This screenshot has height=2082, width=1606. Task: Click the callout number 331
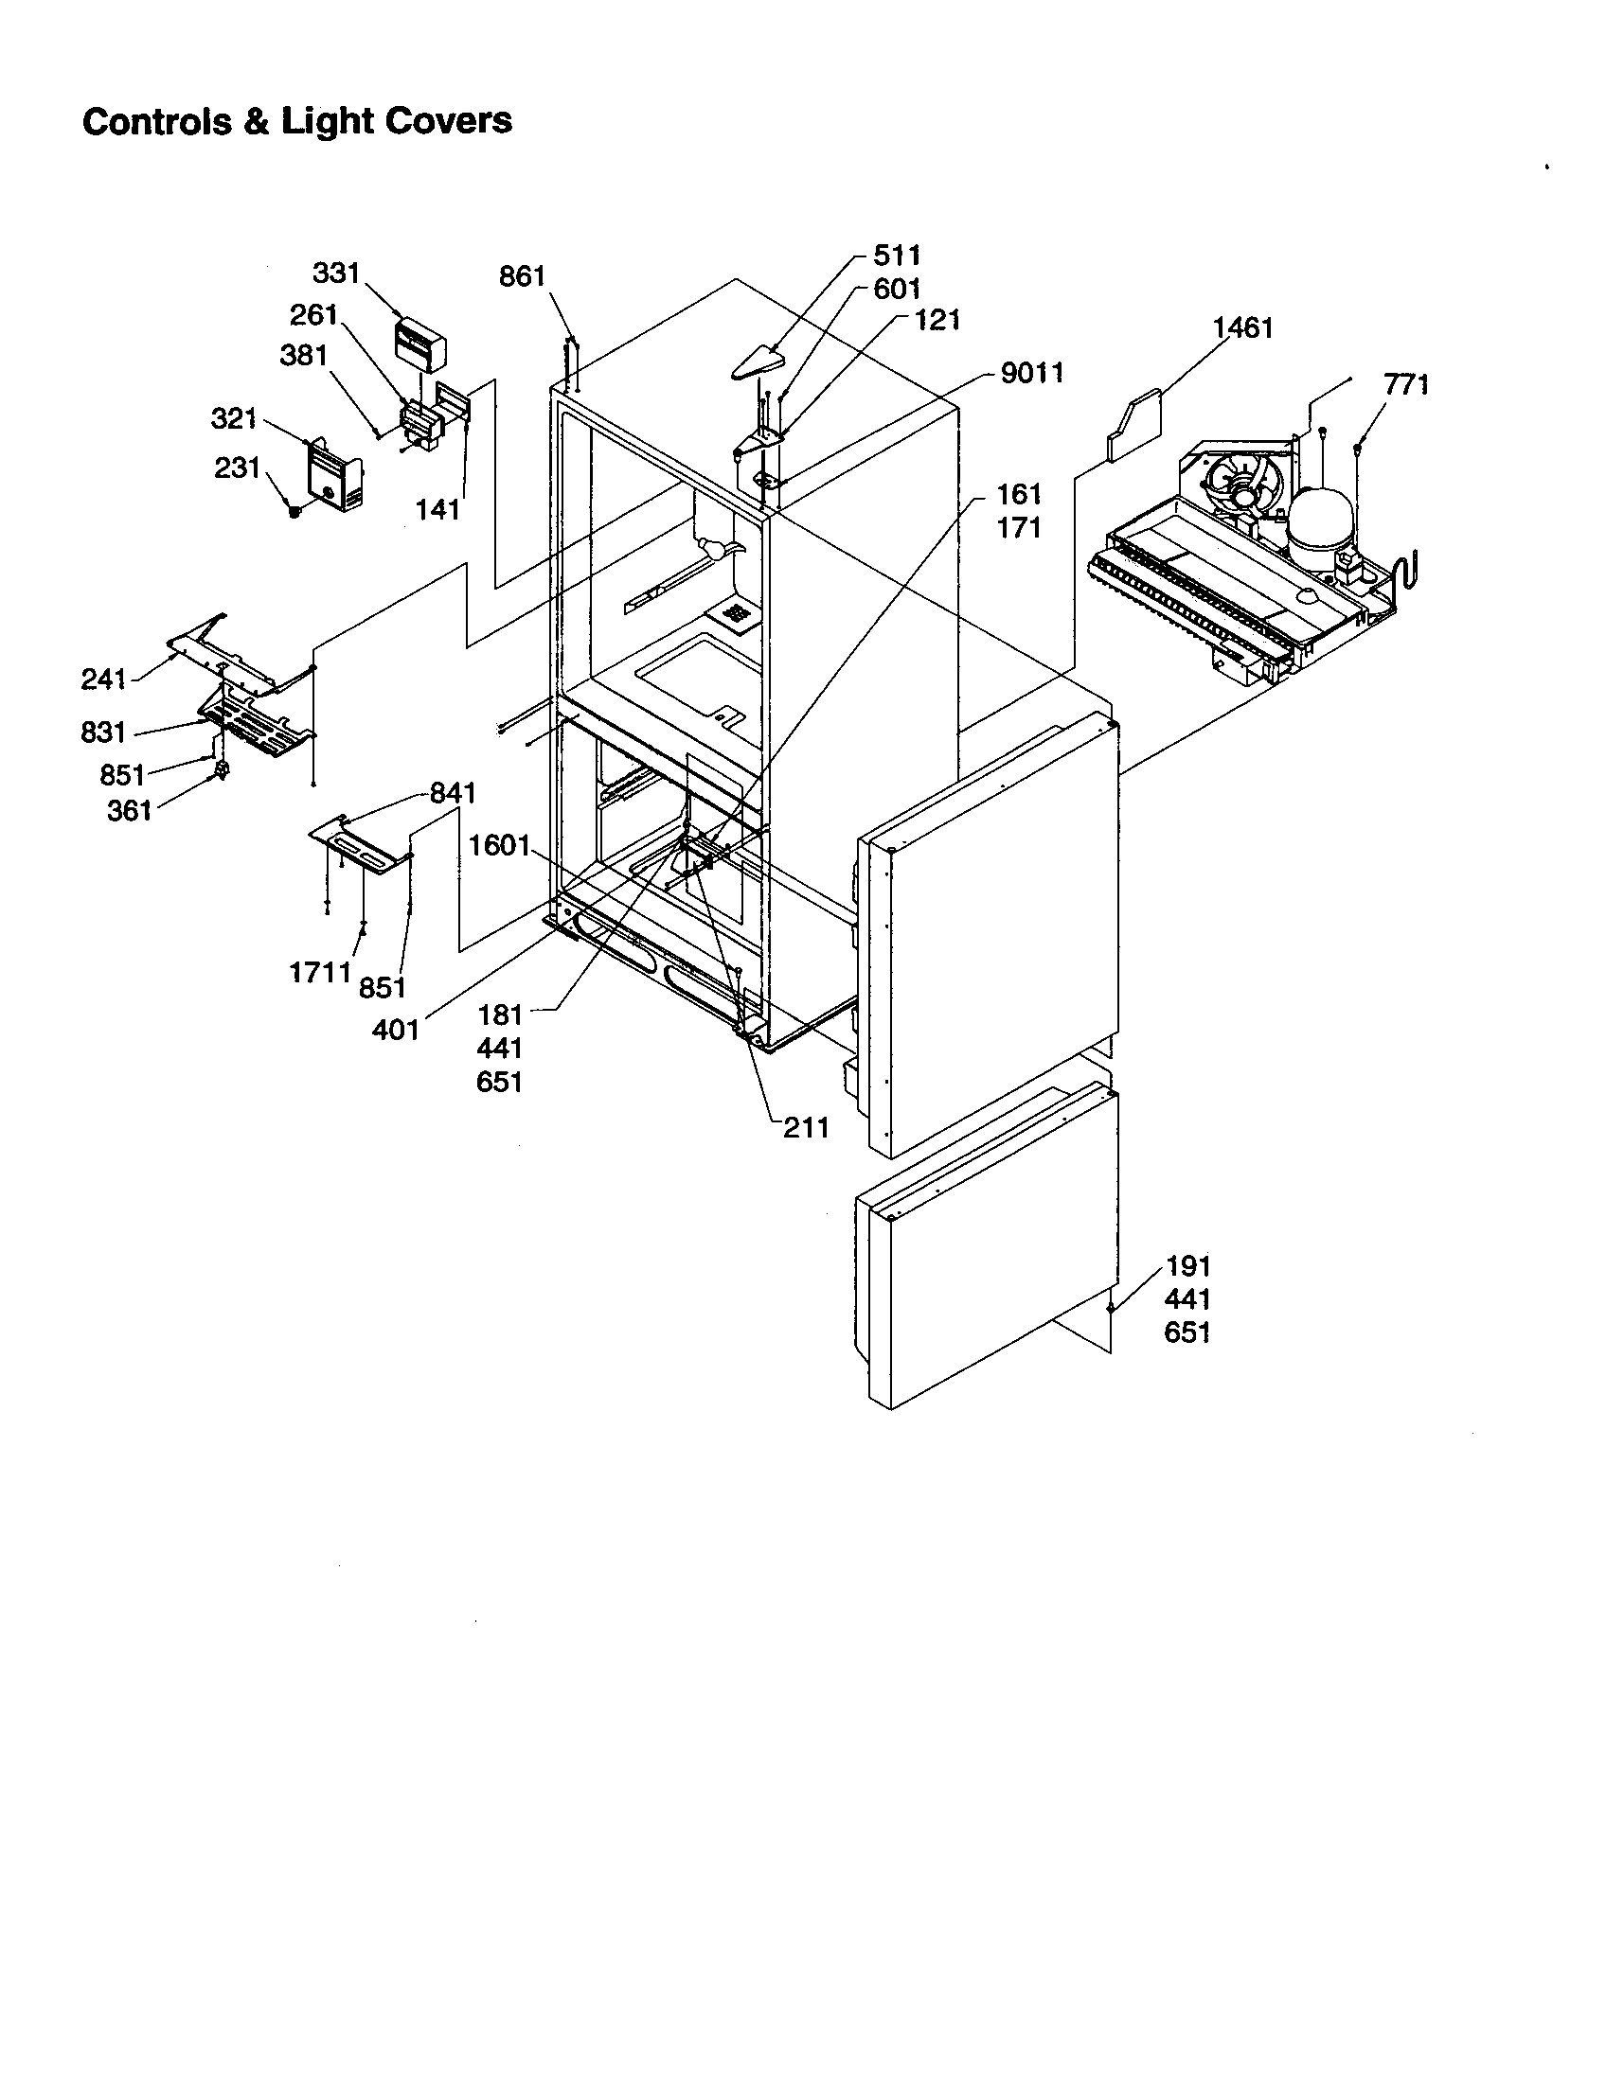point(336,273)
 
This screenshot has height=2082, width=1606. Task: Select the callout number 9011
point(1032,373)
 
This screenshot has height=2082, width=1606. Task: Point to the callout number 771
point(1406,384)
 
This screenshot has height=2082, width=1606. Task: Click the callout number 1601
point(499,844)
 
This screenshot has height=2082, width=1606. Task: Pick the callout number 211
point(806,1128)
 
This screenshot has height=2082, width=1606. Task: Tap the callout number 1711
point(320,972)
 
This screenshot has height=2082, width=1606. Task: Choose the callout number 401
point(396,1030)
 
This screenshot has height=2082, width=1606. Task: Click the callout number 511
point(897,255)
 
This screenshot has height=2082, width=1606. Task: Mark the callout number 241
point(103,679)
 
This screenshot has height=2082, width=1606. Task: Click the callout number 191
point(1187,1266)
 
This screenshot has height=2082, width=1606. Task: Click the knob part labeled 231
point(294,511)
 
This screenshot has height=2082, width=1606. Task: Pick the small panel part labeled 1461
point(1133,419)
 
